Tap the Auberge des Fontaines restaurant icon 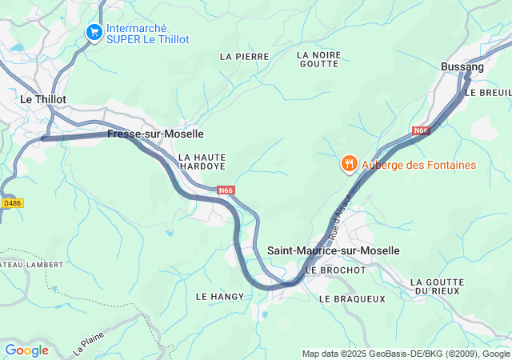tap(349, 165)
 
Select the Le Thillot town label tap(43, 99)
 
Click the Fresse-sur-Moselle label tap(155, 134)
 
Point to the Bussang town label tap(462, 67)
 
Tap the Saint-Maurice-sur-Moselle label tap(333, 250)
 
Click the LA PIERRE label tap(244, 57)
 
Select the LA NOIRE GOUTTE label tap(318, 60)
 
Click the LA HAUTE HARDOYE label tap(202, 162)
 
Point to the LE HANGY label tap(214, 297)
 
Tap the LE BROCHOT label tap(335, 270)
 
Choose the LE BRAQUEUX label tap(352, 298)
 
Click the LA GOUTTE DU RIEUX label tap(437, 286)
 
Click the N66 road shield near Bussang tap(422, 130)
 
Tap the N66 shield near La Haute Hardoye tap(226, 190)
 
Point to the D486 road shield tap(12, 203)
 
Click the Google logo tap(26, 350)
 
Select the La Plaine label tap(89, 344)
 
